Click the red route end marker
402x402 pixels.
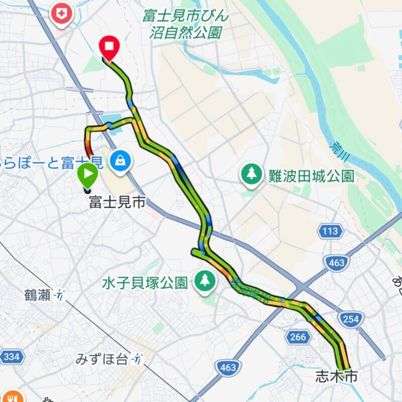pyautogui.click(x=109, y=48)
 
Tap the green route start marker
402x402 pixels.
pyautogui.click(x=87, y=175)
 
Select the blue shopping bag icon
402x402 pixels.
pyautogui.click(x=121, y=161)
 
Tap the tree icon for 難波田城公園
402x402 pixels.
pyautogui.click(x=250, y=174)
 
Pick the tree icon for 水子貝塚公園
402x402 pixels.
pyautogui.click(x=205, y=280)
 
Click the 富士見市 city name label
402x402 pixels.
pyautogui.click(x=117, y=203)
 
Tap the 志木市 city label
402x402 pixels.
pyautogui.click(x=336, y=376)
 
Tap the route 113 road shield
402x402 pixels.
pyautogui.click(x=331, y=231)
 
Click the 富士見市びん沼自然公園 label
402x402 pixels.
pyautogui.click(x=185, y=24)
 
